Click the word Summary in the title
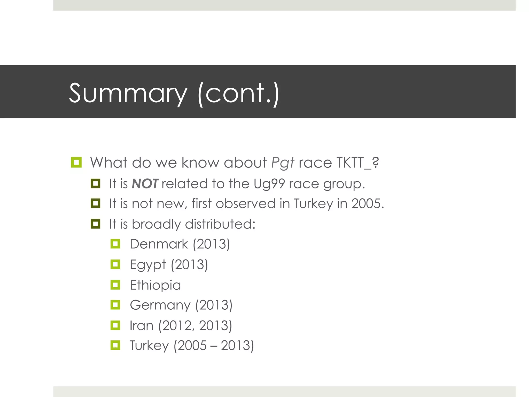pyautogui.click(x=128, y=93)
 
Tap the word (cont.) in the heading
pyautogui.click(x=238, y=93)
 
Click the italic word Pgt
pyautogui.click(x=283, y=163)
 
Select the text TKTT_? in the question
pyautogui.click(x=358, y=163)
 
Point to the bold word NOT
pyautogui.click(x=145, y=184)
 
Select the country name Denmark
pyautogui.click(x=159, y=244)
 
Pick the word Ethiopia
pyautogui.click(x=155, y=285)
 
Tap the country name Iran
pyautogui.click(x=141, y=325)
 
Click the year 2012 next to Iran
pyautogui.click(x=177, y=325)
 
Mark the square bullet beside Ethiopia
pyautogui.click(x=115, y=285)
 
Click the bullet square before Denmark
pyautogui.click(x=115, y=244)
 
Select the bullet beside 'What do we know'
pyautogui.click(x=76, y=162)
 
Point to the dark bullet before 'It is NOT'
pyautogui.click(x=95, y=184)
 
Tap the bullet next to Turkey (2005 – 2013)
pyautogui.click(x=115, y=345)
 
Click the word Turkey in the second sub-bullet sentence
pyautogui.click(x=313, y=204)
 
